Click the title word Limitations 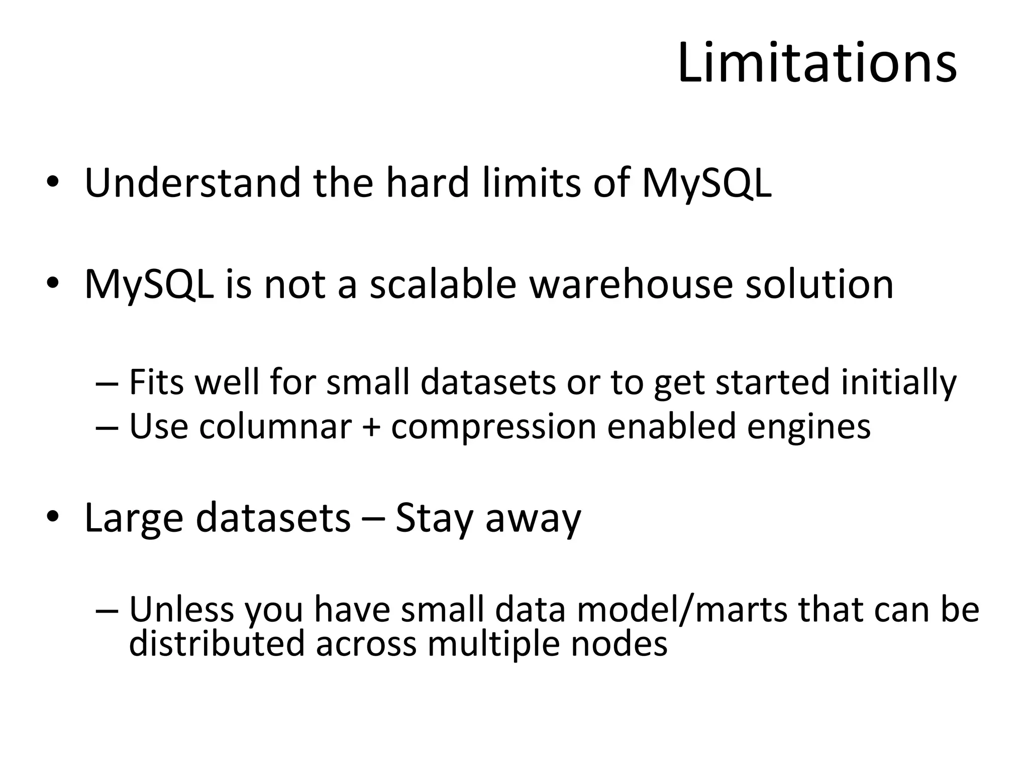coord(817,64)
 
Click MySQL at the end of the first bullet coord(706,184)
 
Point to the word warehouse coord(631,284)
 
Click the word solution coord(819,284)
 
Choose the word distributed coord(217,644)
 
